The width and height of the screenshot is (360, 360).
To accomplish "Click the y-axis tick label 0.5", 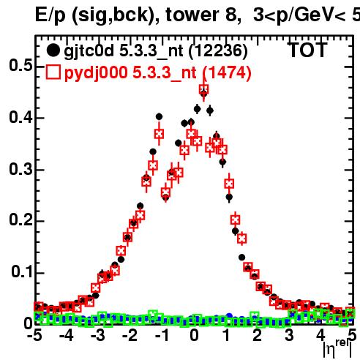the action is [20, 65].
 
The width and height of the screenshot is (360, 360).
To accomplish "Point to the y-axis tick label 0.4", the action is [20, 117].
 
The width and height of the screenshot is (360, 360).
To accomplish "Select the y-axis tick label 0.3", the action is [20, 169].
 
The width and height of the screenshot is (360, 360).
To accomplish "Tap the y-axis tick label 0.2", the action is [20, 220].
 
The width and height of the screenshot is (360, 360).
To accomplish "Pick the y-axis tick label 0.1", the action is [21, 271].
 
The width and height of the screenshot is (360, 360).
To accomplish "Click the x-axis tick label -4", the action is [67, 335].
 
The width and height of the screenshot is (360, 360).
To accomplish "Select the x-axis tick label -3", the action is [98, 335].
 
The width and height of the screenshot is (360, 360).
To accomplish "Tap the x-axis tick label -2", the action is [130, 335].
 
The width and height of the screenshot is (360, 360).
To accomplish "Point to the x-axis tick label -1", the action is [162, 335].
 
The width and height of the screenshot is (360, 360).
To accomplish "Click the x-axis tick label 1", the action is [227, 335].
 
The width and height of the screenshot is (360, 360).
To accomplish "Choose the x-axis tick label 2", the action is [258, 335].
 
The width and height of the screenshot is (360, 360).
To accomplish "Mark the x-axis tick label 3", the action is [289, 335].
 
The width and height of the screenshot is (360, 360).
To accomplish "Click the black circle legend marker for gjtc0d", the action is [53, 50].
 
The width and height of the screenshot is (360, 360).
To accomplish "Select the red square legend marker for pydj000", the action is [53, 72].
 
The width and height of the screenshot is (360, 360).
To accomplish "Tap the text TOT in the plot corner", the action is [308, 50].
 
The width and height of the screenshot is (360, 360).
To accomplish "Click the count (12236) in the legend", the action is [218, 51].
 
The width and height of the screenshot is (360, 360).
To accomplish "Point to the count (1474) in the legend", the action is [227, 72].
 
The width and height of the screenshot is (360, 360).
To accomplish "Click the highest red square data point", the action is [203, 89].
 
